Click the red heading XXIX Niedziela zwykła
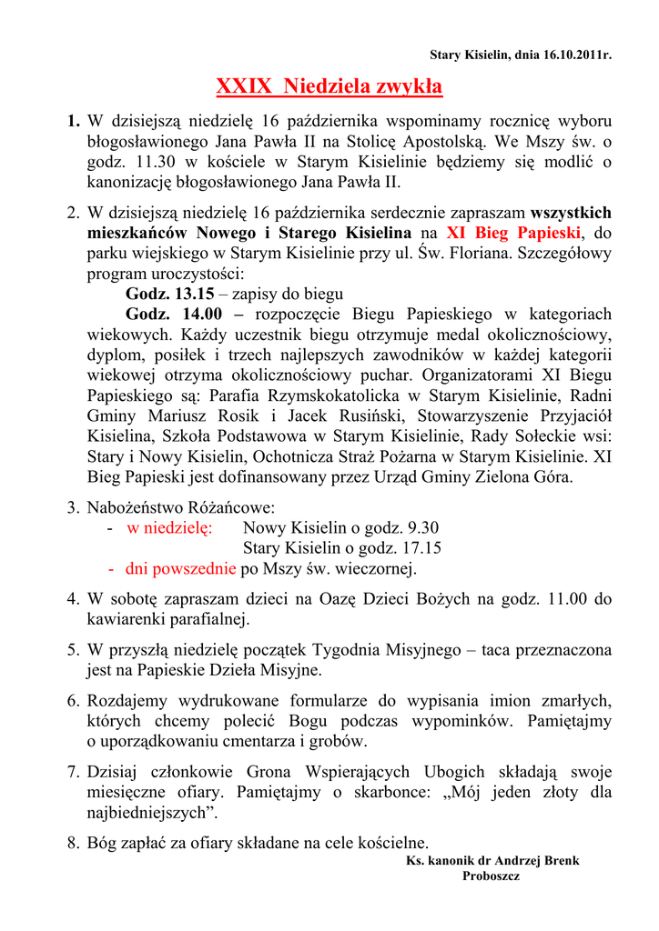329,87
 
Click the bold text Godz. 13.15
169,294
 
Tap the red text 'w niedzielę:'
169,527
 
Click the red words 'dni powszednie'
180,569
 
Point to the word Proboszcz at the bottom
491,876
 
